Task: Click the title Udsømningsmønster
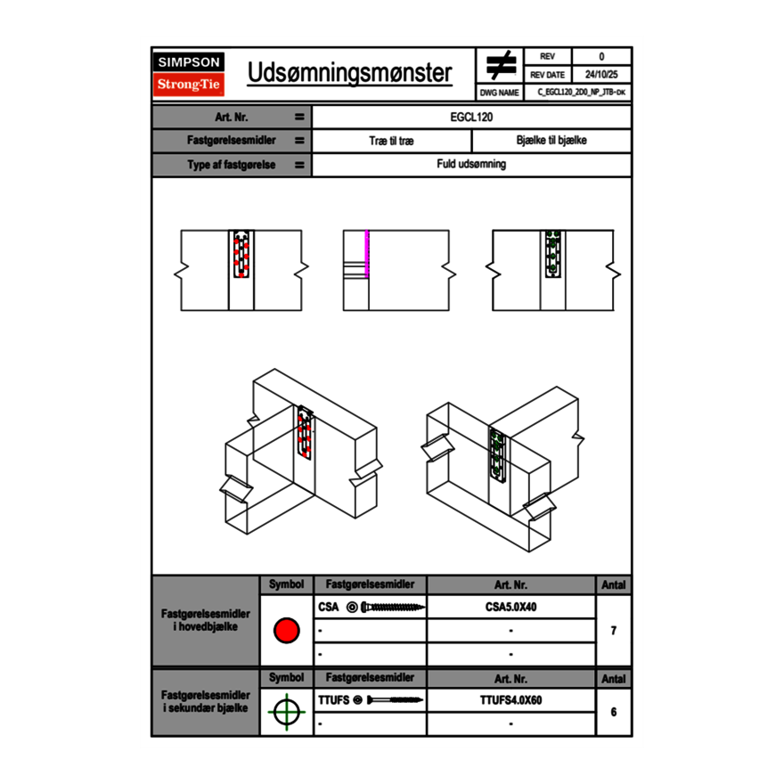349,73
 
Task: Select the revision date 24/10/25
601,75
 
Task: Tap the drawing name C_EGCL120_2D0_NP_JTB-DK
581,92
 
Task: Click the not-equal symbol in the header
501,65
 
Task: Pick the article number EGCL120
471,117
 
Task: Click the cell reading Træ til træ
391,141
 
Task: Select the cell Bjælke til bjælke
551,141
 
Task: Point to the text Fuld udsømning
471,165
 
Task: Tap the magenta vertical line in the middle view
366,253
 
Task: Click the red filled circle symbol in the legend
286,631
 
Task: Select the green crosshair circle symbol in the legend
286,712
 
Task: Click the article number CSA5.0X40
510,608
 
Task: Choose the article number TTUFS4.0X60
510,700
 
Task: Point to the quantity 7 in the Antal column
614,631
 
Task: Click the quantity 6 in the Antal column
614,712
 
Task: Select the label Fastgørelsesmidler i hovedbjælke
205,620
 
